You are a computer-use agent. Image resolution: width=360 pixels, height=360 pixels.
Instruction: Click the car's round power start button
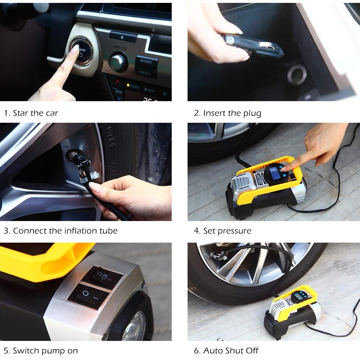coord(81,51)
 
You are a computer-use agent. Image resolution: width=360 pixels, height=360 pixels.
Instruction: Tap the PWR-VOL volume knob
coord(118,62)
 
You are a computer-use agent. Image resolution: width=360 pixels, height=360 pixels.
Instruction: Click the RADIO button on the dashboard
coord(146,61)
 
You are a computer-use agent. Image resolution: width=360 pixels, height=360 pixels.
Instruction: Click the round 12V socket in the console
coord(297,75)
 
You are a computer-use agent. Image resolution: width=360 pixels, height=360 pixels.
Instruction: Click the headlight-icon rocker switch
coord(103,277)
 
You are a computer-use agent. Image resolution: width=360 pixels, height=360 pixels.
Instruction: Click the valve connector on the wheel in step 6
coord(218,256)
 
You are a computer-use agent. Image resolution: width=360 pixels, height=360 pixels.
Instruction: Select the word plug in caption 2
coord(252,114)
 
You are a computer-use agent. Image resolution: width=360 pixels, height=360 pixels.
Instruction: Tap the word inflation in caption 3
coord(81,230)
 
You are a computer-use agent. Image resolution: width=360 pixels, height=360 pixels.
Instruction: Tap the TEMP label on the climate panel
coord(119,92)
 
